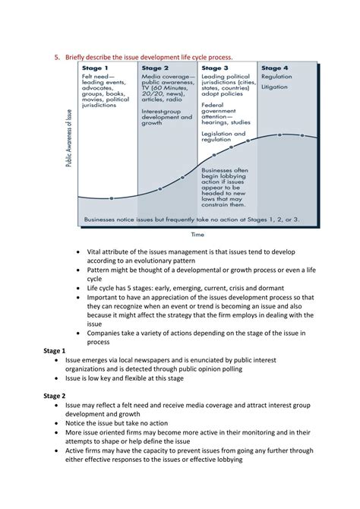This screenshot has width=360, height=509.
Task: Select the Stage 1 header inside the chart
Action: (x=94, y=68)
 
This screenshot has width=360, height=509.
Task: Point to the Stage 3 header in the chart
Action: (x=215, y=68)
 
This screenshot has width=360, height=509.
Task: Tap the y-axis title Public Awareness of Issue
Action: (x=69, y=144)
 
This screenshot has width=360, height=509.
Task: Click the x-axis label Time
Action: (x=197, y=235)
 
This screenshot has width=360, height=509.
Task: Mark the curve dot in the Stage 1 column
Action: (x=112, y=198)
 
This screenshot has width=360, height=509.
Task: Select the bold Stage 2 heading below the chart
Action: (x=53, y=396)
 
